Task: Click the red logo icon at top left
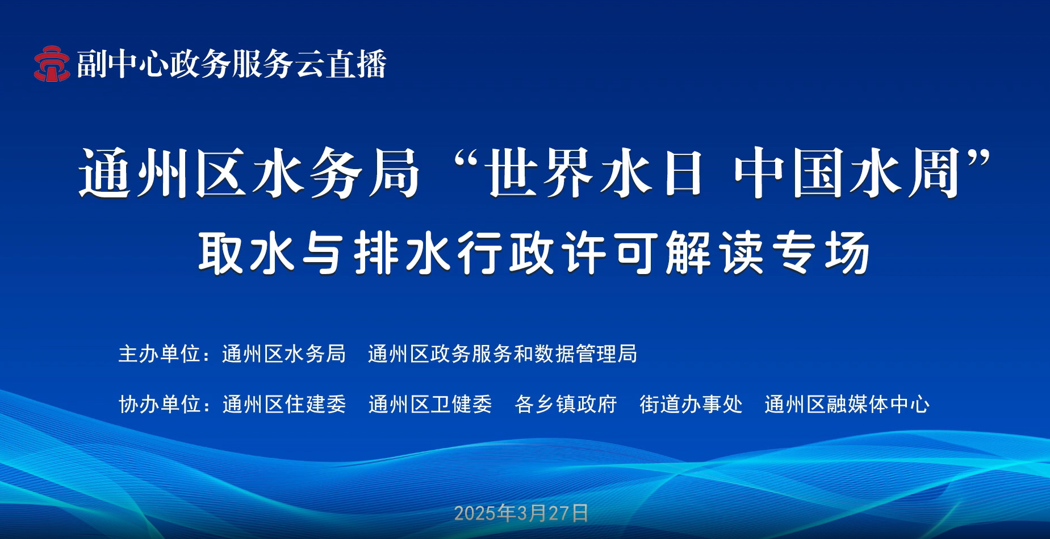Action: [52, 64]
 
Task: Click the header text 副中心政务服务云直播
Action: [232, 64]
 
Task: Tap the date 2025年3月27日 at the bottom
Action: [521, 513]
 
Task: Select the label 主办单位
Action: [160, 354]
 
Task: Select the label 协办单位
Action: [160, 405]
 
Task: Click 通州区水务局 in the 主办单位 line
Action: [284, 354]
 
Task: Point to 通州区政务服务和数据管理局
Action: [503, 354]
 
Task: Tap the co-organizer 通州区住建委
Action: [284, 405]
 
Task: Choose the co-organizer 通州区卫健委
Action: [430, 405]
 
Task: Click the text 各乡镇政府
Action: [566, 405]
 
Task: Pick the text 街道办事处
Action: [691, 405]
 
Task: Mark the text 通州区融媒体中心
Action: [847, 405]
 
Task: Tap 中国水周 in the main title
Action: [847, 172]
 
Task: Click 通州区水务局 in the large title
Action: [249, 172]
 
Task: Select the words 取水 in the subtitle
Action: [246, 253]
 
